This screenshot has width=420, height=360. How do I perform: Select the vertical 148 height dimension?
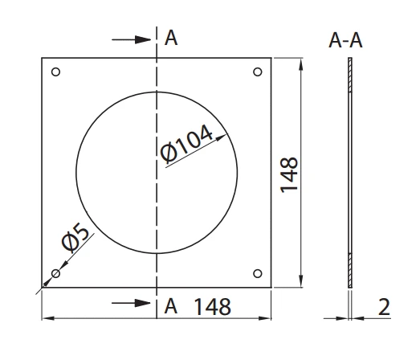291,174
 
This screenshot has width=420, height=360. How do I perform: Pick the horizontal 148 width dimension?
212,306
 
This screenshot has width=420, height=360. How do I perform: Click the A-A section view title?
346,41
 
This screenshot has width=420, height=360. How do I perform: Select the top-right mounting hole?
257,73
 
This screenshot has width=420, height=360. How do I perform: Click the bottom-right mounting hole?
257,272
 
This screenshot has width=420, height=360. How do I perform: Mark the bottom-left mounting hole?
55,273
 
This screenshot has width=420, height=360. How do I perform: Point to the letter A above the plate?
170,37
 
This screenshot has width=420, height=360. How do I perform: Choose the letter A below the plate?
170,305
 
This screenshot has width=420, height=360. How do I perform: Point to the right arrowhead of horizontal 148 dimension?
270,319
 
